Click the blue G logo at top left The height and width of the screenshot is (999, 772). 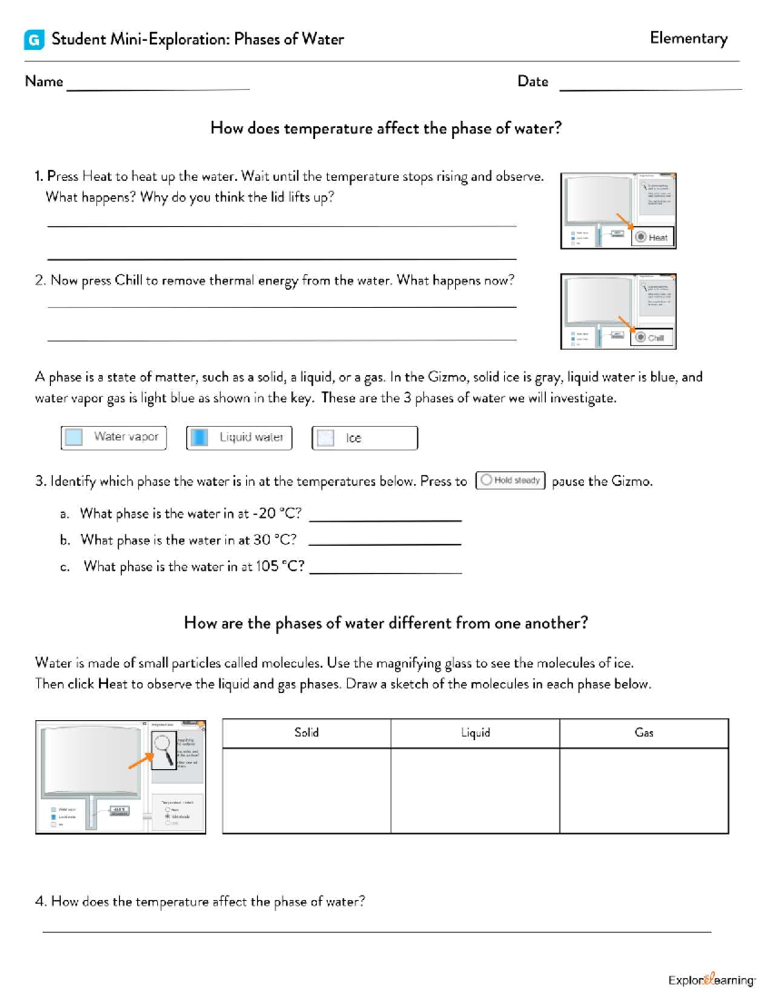click(x=34, y=40)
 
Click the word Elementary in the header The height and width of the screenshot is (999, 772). click(x=688, y=38)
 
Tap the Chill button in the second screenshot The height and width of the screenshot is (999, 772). click(x=651, y=338)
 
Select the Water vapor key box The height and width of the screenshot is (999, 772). click(x=114, y=437)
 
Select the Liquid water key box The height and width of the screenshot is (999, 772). click(x=239, y=437)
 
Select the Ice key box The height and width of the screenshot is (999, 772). click(x=364, y=438)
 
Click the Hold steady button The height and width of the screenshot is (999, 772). click(x=510, y=481)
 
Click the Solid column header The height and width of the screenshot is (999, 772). click(x=306, y=733)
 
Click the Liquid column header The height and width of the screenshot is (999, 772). click(x=475, y=733)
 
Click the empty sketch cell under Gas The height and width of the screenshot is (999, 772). click(x=644, y=791)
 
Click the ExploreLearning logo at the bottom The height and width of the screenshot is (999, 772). click(x=712, y=980)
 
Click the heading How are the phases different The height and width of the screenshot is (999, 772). click(x=385, y=623)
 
